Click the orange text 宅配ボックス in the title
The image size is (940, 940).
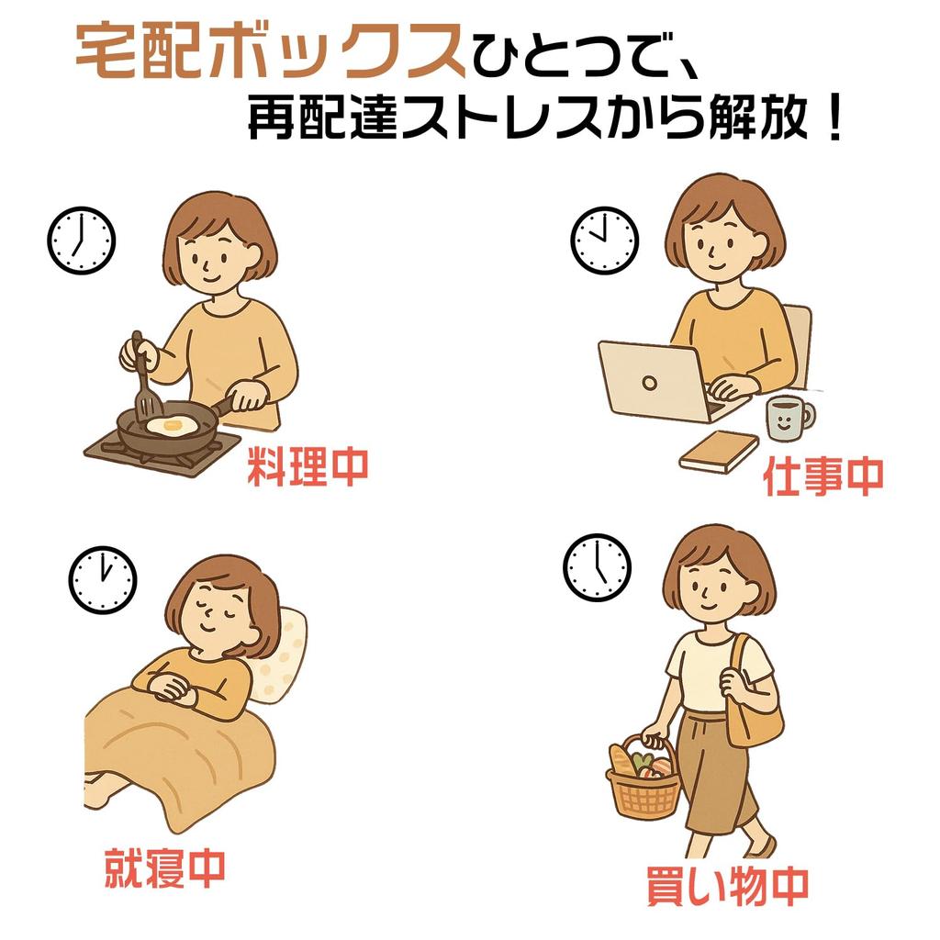point(271,51)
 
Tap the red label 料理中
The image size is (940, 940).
point(308,466)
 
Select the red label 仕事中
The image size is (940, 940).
point(823,476)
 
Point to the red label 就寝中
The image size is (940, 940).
point(165,867)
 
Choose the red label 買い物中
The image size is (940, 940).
point(728,886)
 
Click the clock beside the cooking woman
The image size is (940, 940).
point(81,241)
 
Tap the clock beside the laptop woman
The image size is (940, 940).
point(604,241)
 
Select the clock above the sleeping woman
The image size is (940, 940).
point(103,580)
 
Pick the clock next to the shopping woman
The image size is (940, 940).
point(597,567)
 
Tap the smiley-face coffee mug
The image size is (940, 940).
point(789,418)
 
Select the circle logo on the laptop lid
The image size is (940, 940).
point(649,383)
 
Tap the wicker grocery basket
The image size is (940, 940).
point(643,779)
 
